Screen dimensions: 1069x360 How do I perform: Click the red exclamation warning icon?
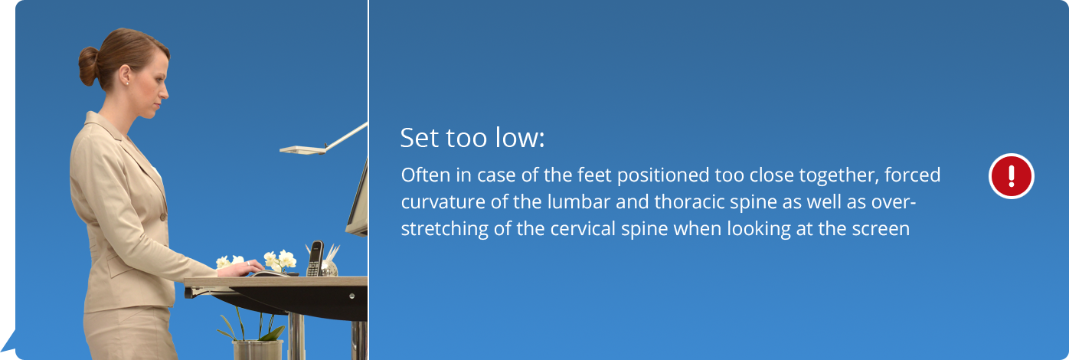1011,175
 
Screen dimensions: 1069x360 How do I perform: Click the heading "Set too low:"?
472,138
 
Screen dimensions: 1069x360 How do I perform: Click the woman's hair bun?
89,66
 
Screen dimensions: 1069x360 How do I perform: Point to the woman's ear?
125,75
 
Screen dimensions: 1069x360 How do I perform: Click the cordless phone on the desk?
315,258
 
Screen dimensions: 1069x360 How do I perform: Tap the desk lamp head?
302,150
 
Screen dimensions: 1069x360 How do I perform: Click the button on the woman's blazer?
163,218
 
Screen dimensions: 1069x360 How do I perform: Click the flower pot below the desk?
258,349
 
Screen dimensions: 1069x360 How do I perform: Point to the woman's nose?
165,93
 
